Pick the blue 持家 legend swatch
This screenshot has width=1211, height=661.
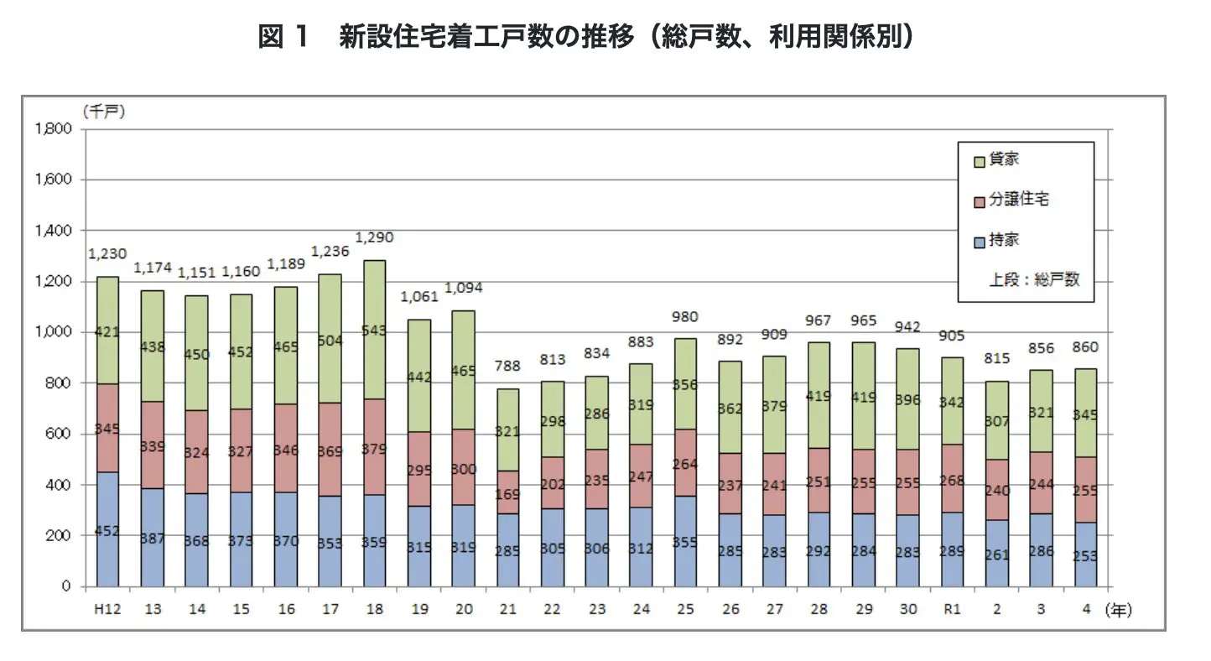coord(979,241)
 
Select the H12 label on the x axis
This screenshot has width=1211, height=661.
coord(107,610)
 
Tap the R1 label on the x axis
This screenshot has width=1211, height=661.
coord(953,610)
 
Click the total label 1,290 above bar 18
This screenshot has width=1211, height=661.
coord(375,238)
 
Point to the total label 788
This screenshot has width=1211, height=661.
coord(507,366)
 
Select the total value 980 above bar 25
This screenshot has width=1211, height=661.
coord(685,317)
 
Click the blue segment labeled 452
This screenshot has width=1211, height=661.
coord(107,529)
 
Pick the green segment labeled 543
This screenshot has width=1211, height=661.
coord(375,331)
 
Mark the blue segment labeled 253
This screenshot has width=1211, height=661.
coord(1085,555)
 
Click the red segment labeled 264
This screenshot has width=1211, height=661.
coord(685,464)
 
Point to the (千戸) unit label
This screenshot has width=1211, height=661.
coord(104,112)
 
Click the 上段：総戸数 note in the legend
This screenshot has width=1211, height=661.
coord(1034,280)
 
